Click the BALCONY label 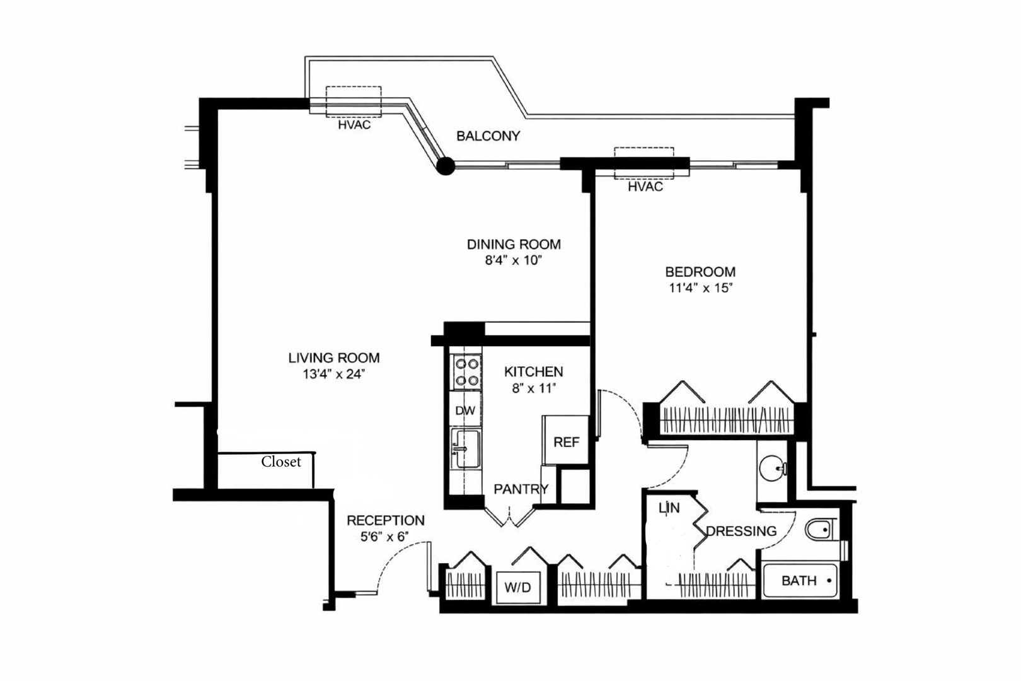pos(488,136)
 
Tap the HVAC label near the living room pos(354,125)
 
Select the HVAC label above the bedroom pos(645,187)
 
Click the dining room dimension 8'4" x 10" pos(513,260)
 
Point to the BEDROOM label pos(700,272)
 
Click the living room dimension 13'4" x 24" pos(333,374)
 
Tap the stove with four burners pos(466,372)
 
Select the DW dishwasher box pos(465,410)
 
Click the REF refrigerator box pos(566,442)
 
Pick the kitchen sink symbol pos(466,448)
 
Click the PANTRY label pos(521,489)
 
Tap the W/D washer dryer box pos(517,588)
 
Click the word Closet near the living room pos(281,462)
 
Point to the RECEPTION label pos(386,520)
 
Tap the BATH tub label pos(799,580)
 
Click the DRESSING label pos(741,531)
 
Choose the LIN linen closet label pos(669,508)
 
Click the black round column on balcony pos(446,166)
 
